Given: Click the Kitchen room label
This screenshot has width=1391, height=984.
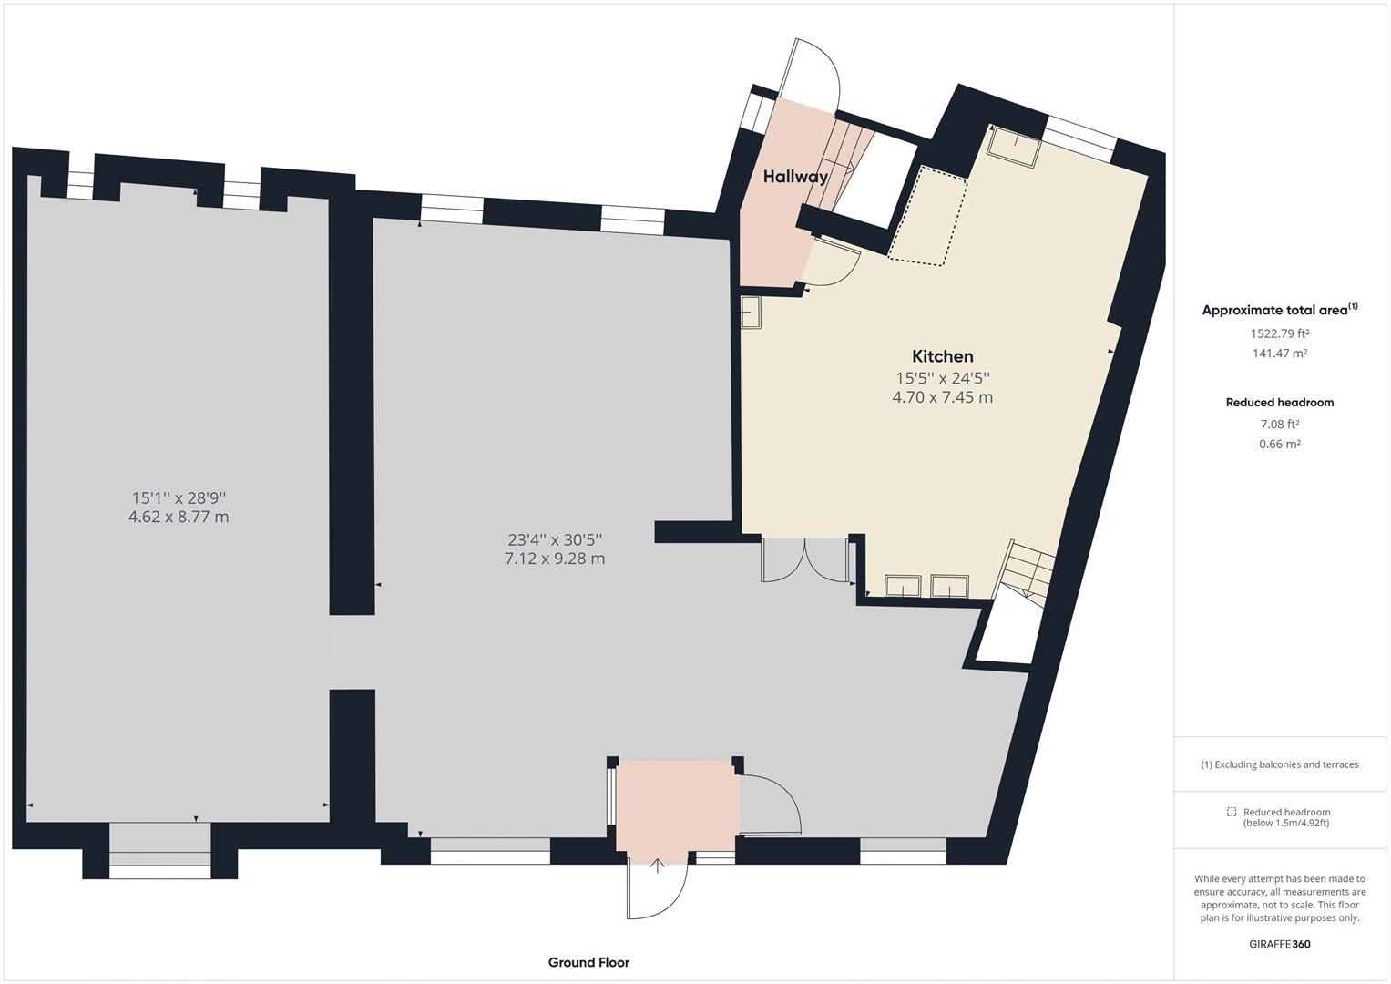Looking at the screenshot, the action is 942,356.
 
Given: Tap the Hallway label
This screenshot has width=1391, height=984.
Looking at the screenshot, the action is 795,177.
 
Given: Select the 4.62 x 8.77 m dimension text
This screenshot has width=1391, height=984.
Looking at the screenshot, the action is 179,517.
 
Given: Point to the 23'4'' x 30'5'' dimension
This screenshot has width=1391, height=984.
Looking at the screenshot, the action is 555,539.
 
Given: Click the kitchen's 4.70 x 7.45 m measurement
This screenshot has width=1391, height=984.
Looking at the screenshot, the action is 942,397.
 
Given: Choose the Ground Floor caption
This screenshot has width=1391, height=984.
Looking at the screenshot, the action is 588,962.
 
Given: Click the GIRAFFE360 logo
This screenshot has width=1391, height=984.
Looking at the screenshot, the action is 1280,944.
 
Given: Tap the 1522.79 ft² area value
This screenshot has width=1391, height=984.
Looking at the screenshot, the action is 1280,333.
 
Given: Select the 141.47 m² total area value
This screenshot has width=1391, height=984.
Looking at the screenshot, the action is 1280,354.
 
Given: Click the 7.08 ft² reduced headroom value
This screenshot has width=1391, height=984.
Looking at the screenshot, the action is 1280,425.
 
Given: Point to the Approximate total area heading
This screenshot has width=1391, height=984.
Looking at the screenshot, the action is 1280,310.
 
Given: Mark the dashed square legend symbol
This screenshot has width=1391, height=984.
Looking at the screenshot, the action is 1232,811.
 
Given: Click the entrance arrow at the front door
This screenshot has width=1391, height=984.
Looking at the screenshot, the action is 658,866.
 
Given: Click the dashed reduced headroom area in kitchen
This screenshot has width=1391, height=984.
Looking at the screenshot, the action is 927,216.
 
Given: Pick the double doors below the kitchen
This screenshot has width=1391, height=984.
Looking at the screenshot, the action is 805,559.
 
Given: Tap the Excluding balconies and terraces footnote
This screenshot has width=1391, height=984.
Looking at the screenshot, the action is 1280,764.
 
